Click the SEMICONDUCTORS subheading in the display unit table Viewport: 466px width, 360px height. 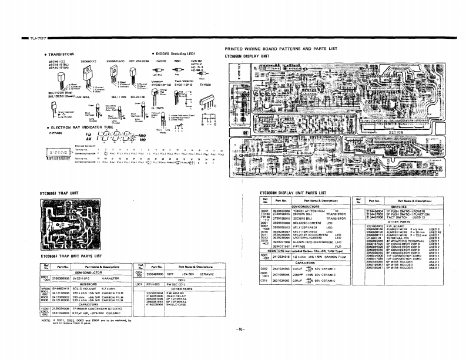click(305, 206)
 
